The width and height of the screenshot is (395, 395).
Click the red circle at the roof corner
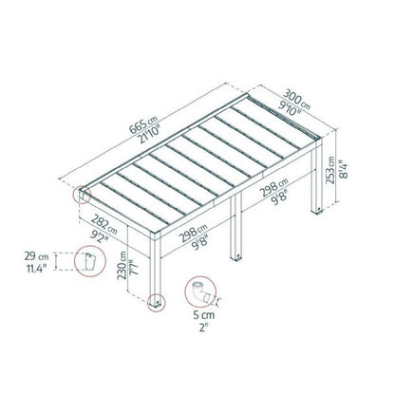[x=86, y=197]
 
